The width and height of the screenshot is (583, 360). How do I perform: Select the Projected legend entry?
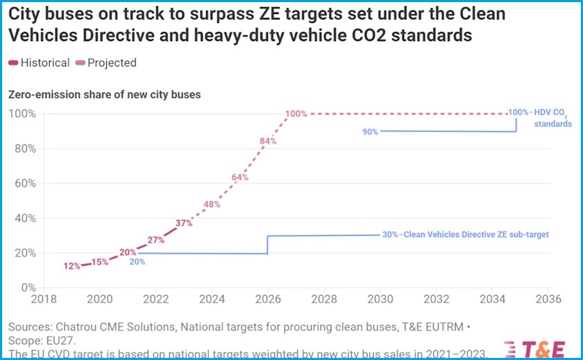(x=106, y=63)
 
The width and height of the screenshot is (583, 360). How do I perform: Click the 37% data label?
(x=184, y=223)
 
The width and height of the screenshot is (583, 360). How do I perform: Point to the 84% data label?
(x=268, y=141)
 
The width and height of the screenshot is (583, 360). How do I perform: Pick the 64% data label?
(x=240, y=178)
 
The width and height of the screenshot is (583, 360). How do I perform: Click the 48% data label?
(x=212, y=205)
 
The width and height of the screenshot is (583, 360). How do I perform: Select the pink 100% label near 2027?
(x=296, y=114)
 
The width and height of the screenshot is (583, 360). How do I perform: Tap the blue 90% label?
(x=370, y=132)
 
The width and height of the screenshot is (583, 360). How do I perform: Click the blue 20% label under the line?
(x=137, y=262)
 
